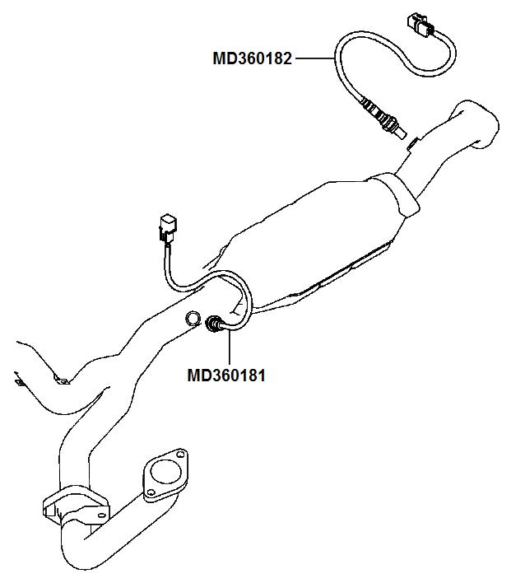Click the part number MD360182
coord(252,58)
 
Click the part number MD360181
coord(226,375)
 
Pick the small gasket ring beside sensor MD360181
coord(191,318)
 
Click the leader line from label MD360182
coord(314,58)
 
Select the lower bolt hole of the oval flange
coord(151,493)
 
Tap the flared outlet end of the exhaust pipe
coord(477,124)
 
